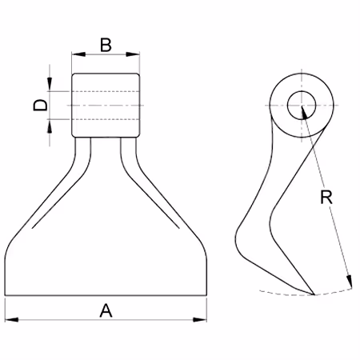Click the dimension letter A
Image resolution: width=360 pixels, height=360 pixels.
point(106,310)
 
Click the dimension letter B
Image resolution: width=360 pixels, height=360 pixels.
point(106,45)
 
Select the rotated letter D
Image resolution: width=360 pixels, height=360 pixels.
point(40,105)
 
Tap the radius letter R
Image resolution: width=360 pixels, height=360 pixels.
point(326,198)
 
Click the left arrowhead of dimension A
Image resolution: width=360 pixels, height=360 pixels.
point(11,319)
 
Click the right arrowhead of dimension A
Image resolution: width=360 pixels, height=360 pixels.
point(200,319)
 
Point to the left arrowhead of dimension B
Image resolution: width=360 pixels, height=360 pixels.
point(78,54)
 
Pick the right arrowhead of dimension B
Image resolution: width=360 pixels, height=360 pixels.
point(133,54)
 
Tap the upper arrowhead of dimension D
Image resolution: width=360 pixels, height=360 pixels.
point(50,84)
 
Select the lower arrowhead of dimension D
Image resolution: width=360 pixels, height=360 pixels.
point(50,126)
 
